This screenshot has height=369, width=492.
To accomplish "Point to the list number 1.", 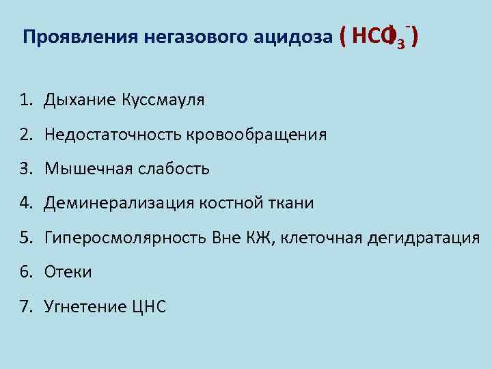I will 25,101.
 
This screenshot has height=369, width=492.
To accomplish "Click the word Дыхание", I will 80,101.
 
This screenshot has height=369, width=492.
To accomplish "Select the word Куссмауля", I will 163,101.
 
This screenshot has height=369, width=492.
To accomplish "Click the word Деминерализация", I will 120,203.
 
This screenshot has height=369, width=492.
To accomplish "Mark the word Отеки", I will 68,272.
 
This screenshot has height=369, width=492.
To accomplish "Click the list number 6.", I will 25,272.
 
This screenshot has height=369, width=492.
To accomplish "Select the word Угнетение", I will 84,306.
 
